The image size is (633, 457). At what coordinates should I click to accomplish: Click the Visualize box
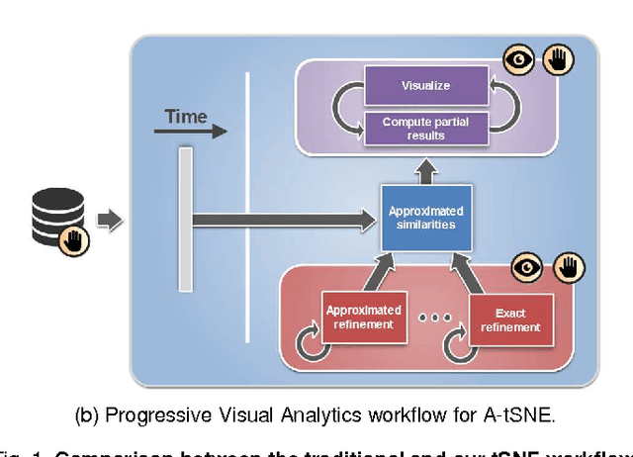425,85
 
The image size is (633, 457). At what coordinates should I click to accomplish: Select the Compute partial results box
425,128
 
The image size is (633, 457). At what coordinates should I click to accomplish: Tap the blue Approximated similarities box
425,218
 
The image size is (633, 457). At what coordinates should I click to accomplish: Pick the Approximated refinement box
364,317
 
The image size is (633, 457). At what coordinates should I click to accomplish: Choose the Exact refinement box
511,320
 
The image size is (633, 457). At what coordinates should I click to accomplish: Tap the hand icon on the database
76,238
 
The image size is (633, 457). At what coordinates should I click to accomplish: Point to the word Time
186,117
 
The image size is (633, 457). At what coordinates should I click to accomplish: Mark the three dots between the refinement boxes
435,320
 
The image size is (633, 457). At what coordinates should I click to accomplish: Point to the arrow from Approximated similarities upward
425,173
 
